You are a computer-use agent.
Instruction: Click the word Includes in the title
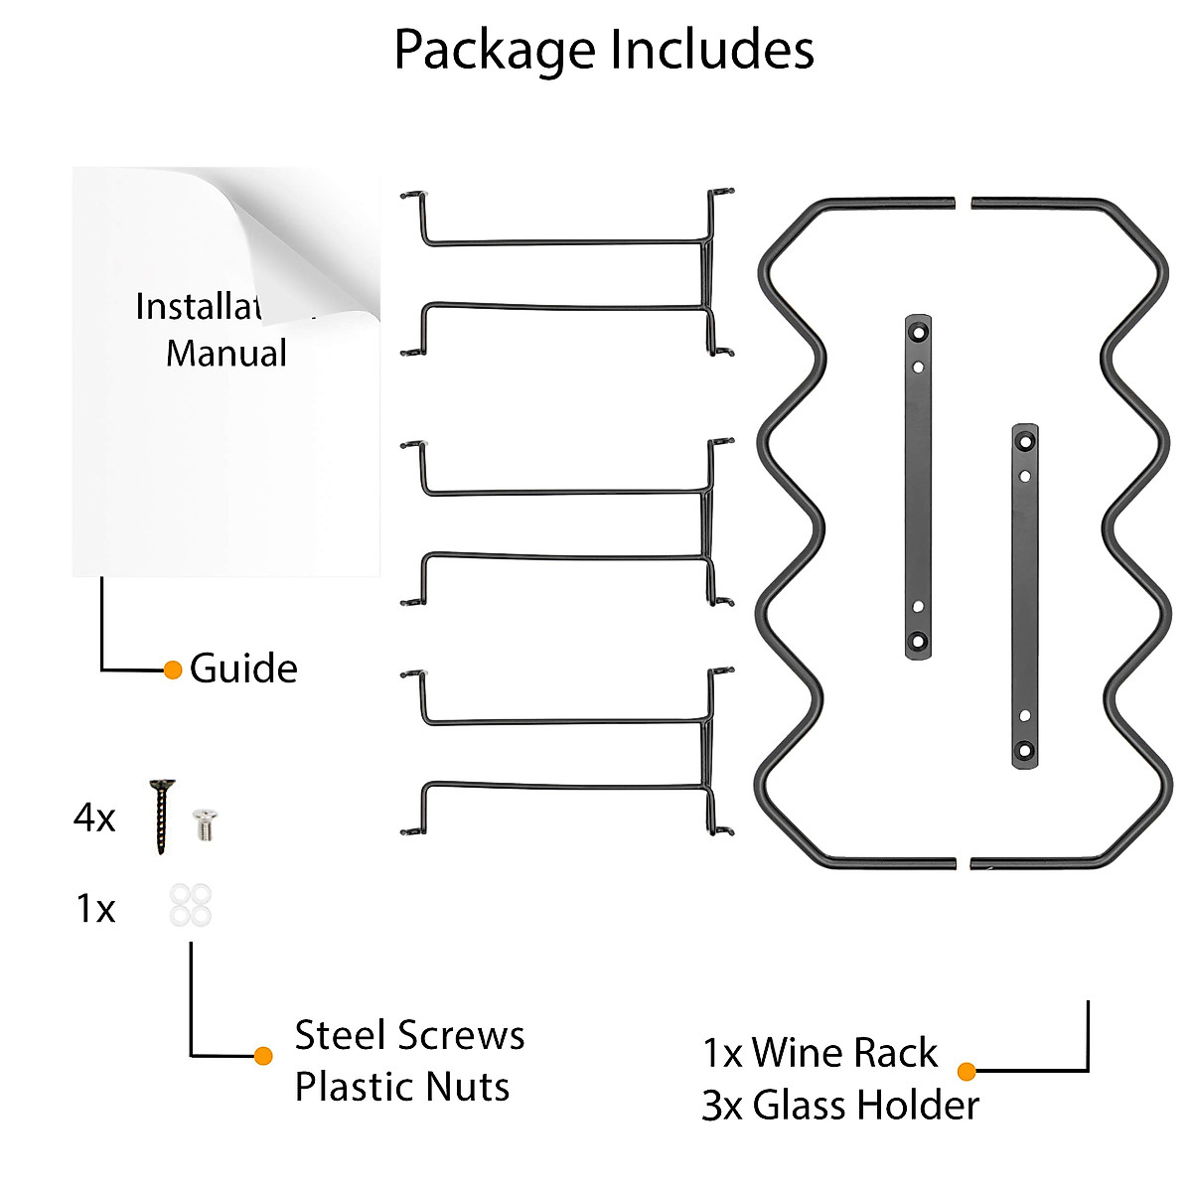[712, 49]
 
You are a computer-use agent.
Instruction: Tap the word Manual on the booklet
[226, 354]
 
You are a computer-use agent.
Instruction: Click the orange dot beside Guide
[173, 670]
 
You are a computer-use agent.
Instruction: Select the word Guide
[243, 669]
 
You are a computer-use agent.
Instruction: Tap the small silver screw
[206, 823]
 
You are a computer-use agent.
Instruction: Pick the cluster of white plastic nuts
[190, 905]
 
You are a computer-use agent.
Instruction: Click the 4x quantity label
[94, 819]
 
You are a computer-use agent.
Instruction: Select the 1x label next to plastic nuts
[95, 909]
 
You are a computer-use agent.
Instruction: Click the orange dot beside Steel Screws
[263, 1056]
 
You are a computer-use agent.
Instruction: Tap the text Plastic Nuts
[402, 1087]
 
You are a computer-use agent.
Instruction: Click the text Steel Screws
[409, 1035]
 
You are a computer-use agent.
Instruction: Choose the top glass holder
[566, 273]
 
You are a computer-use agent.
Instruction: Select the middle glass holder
[566, 523]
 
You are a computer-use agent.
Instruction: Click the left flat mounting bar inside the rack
[918, 487]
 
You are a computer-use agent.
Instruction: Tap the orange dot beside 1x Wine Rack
[967, 1071]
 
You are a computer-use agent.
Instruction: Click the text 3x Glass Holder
[840, 1105]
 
